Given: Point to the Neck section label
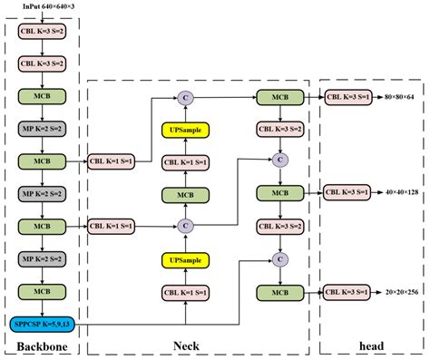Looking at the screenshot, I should coord(186,346).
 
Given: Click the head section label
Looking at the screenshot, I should coord(370,346).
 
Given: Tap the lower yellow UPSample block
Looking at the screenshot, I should coord(185,260).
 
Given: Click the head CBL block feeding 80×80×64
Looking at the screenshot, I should coord(347,96).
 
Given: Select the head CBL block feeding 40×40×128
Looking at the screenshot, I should coord(347,191).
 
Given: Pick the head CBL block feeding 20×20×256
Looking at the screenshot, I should coord(347,292).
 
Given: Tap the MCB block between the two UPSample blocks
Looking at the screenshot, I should coord(185,194).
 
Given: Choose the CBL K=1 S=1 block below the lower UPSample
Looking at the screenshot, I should coord(185,292).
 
